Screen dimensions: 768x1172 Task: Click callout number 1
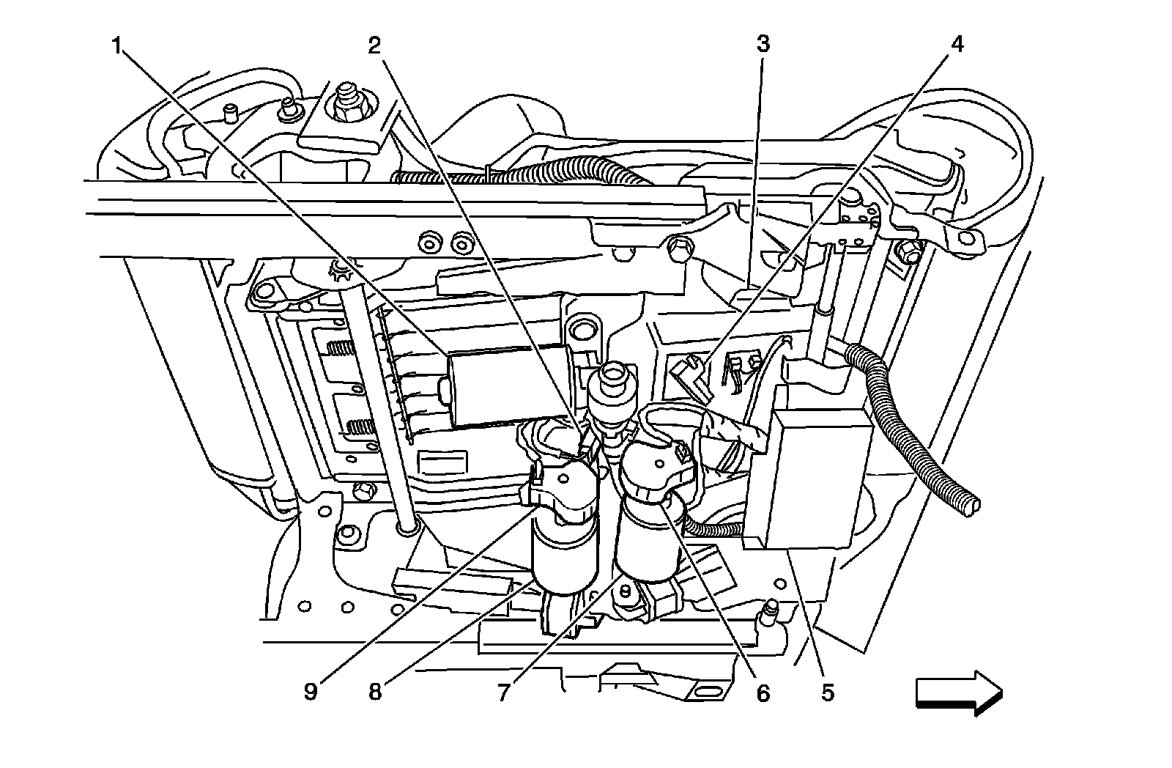(x=116, y=46)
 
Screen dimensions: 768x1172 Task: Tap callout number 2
(x=374, y=46)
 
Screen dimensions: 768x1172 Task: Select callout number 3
(x=763, y=45)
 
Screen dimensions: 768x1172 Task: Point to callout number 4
(x=956, y=45)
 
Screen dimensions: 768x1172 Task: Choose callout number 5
(x=828, y=692)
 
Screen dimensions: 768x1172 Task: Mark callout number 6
(x=763, y=692)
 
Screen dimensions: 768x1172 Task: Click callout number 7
(x=504, y=692)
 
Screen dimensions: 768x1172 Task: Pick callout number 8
(x=374, y=692)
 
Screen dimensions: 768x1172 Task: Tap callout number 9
(x=311, y=692)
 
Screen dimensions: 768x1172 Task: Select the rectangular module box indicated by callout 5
(x=806, y=476)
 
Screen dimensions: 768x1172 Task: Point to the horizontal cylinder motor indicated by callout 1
(x=505, y=386)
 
